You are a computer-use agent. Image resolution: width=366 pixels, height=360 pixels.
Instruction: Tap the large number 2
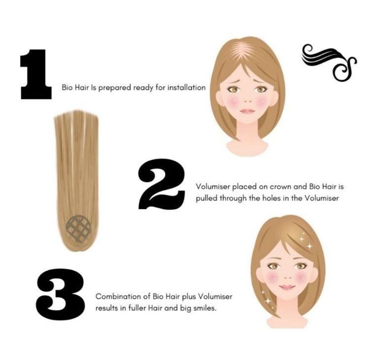[x=162, y=184]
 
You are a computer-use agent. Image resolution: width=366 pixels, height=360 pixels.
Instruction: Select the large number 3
[x=60, y=295]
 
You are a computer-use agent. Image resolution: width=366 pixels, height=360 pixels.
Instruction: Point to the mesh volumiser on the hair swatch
[x=78, y=229]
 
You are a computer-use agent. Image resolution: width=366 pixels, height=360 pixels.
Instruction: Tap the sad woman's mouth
[x=247, y=111]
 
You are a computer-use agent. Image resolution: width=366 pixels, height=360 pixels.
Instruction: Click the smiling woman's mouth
[x=287, y=287]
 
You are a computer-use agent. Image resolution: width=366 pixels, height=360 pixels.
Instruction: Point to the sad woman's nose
[x=248, y=101]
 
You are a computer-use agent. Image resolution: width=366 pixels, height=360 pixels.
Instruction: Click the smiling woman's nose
[x=288, y=278]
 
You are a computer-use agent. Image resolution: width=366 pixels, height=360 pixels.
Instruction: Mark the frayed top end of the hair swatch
[x=76, y=114]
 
